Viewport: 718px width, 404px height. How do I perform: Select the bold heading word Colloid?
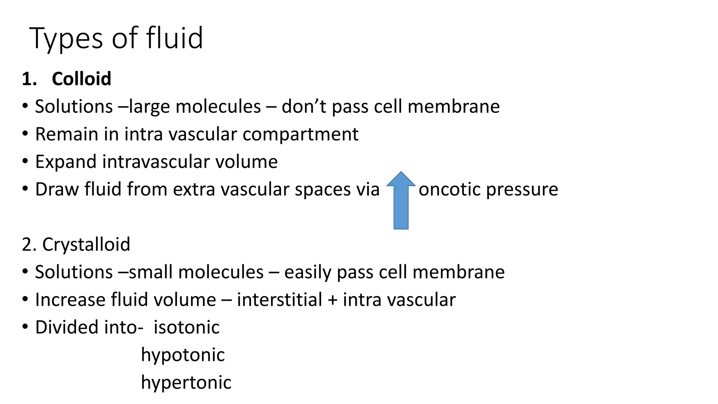[81, 79]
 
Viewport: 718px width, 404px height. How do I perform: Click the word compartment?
[300, 135]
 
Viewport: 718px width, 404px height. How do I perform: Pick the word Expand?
[66, 162]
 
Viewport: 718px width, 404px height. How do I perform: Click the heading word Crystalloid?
[86, 244]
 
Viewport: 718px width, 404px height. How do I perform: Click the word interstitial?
[279, 300]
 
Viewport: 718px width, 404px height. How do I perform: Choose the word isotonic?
[187, 327]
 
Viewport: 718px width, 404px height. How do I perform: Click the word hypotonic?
[183, 355]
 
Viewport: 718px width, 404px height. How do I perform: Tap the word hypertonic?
[186, 383]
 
